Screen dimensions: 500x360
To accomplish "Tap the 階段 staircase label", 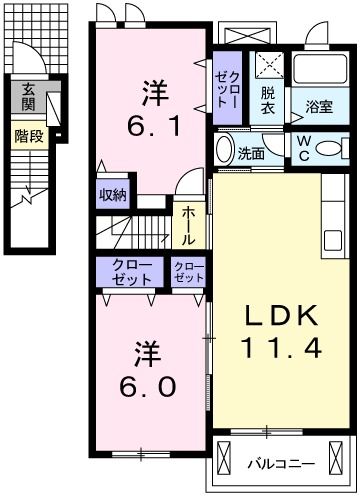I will click(x=28, y=135).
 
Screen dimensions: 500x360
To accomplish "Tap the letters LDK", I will click(x=279, y=316).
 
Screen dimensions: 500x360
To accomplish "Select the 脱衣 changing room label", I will click(x=267, y=99).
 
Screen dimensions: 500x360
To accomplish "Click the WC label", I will click(x=302, y=148).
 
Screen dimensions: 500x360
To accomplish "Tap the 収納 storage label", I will click(x=112, y=195).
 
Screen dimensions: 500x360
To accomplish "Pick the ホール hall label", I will click(x=188, y=226).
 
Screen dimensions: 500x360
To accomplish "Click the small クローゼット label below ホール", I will click(x=188, y=272).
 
